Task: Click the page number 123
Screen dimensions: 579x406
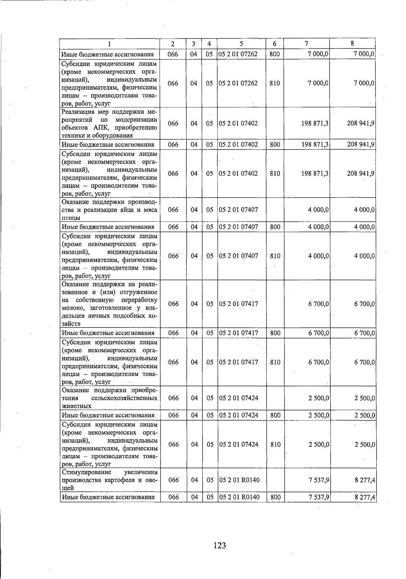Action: pyautogui.click(x=220, y=545)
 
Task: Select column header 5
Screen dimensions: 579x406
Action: pyautogui.click(x=241, y=44)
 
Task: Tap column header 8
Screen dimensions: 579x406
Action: pyautogui.click(x=352, y=43)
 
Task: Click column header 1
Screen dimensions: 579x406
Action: pyautogui.click(x=109, y=44)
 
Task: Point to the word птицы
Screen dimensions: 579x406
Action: pyautogui.click(x=71, y=218)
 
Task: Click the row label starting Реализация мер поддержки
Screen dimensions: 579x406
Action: pyautogui.click(x=109, y=124)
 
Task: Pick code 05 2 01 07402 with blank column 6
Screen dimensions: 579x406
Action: pyautogui.click(x=238, y=124)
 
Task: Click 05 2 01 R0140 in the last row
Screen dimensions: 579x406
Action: pyautogui.click(x=239, y=497)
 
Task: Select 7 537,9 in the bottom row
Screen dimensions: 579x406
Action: pyautogui.click(x=319, y=497)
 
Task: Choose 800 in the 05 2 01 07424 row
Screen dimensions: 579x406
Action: pyautogui.click(x=275, y=415)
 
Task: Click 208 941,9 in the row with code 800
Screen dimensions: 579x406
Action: pyautogui.click(x=360, y=144)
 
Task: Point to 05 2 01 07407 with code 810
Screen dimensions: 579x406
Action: pyautogui.click(x=238, y=256)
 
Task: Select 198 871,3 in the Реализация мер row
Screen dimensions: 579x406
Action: pyautogui.click(x=315, y=124)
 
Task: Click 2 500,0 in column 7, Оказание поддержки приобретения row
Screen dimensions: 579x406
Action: pyautogui.click(x=319, y=398)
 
